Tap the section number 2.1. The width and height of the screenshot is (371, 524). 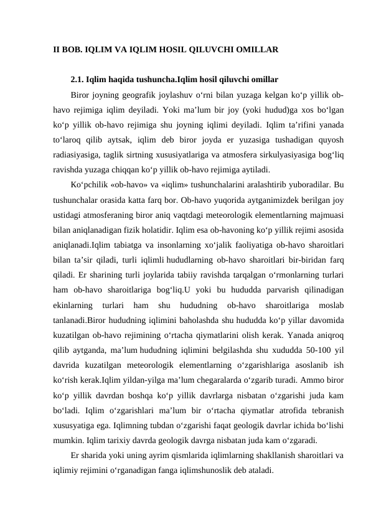tap(78, 80)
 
